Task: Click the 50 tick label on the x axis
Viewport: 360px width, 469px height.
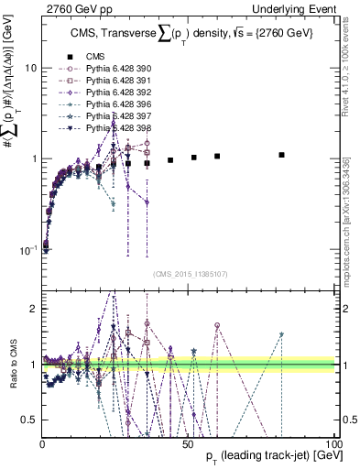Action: tap(188, 443)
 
